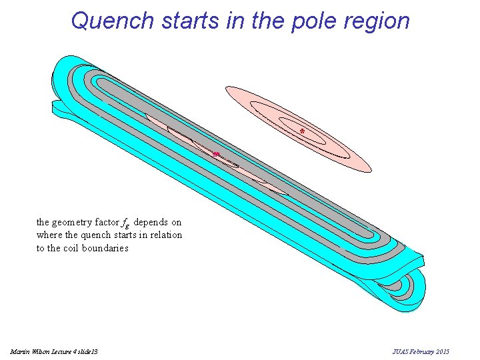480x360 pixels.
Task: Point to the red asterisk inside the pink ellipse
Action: click(302, 131)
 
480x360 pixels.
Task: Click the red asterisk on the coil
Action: click(215, 155)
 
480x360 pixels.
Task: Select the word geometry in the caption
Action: click(73, 223)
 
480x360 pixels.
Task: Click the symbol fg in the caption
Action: click(126, 223)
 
